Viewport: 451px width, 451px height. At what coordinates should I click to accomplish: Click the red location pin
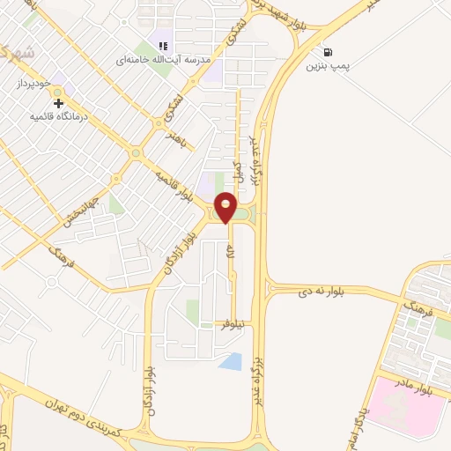(x=226, y=208)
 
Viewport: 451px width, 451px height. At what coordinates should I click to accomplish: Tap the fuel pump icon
(x=329, y=52)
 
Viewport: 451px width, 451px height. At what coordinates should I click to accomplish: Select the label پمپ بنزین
(x=329, y=67)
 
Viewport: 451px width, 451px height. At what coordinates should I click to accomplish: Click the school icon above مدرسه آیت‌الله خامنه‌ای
(x=163, y=46)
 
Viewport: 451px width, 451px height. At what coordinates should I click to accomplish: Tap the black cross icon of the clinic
(x=59, y=103)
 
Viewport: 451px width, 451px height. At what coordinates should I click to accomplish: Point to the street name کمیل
(x=238, y=168)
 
